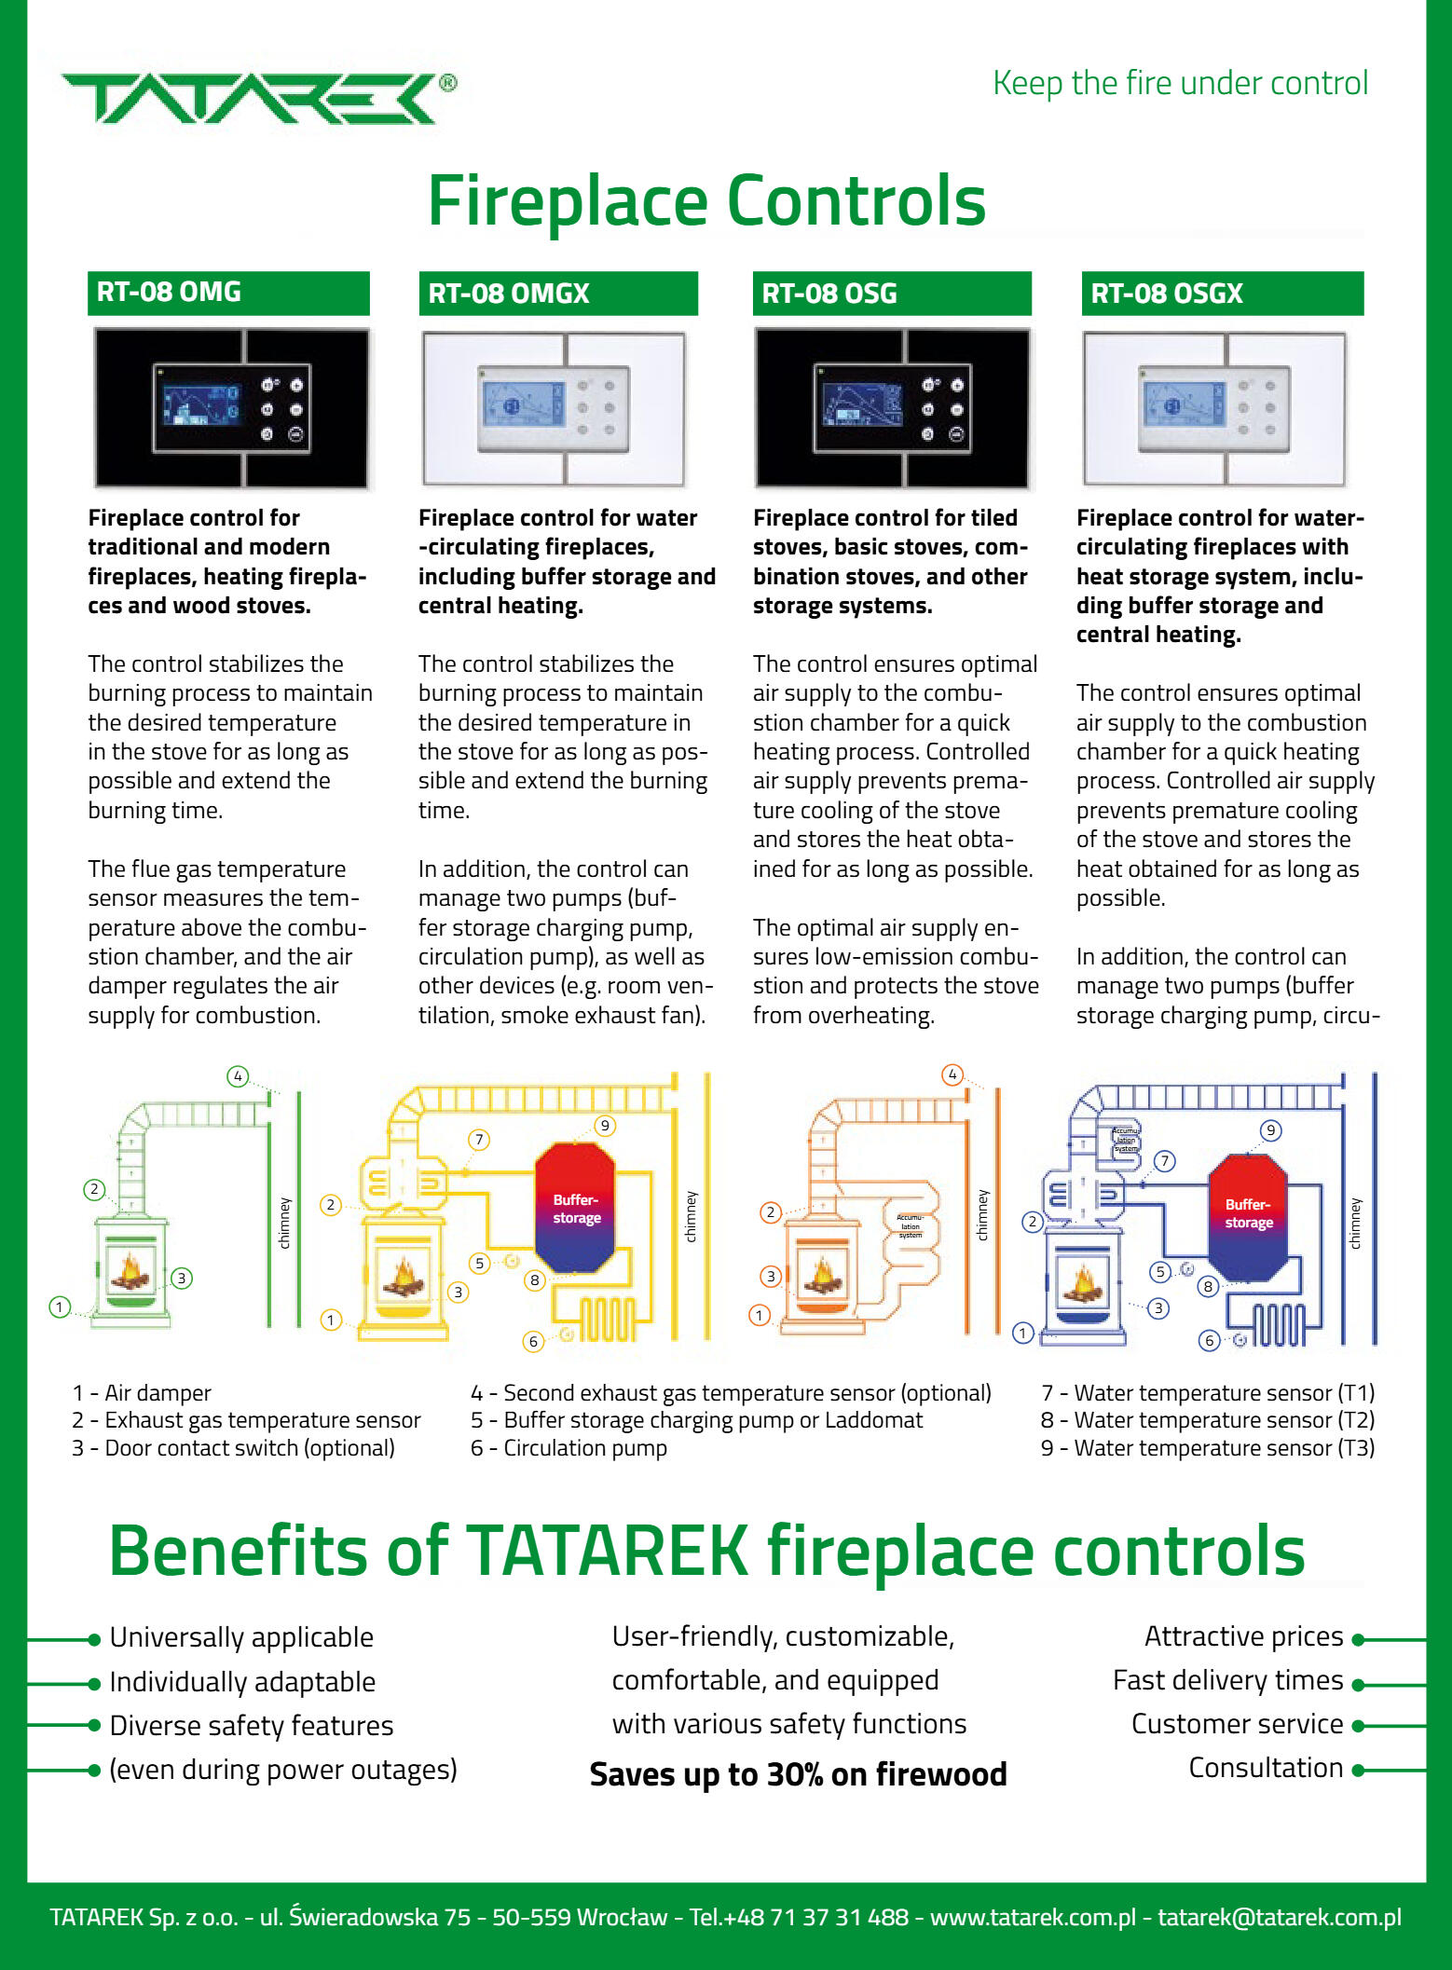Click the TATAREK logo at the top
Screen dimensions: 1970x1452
[252, 98]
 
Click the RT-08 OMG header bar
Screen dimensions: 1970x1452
[228, 293]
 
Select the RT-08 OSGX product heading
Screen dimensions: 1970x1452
[1222, 294]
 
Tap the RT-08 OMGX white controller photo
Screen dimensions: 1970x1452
[555, 408]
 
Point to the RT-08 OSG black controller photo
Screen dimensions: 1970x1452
[892, 408]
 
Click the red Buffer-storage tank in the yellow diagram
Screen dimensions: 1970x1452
[576, 1209]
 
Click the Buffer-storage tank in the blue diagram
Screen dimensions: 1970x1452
[1248, 1213]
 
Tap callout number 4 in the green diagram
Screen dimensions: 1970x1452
[238, 1076]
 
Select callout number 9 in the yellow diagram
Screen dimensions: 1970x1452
[605, 1126]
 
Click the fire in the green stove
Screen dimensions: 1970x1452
[130, 1271]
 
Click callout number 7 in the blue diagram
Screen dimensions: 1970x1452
[1165, 1160]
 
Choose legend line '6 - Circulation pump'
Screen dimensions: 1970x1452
[568, 1448]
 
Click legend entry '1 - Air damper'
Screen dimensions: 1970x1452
[142, 1393]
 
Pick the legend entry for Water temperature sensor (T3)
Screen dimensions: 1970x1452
[1208, 1448]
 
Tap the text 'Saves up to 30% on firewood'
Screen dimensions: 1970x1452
[798, 1774]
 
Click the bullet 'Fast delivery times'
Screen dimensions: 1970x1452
[1227, 1680]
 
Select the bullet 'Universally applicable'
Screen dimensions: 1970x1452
[241, 1637]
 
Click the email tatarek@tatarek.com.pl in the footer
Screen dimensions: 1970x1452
[1279, 1917]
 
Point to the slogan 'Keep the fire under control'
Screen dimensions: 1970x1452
[1180, 83]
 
